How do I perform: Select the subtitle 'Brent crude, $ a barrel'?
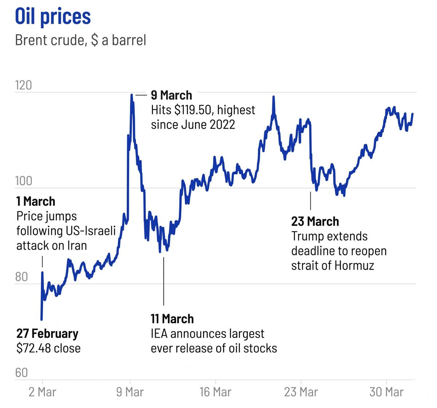tap(80, 40)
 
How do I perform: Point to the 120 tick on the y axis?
tap(24, 85)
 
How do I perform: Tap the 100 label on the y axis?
tap(24, 181)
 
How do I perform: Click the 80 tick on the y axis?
tap(21, 277)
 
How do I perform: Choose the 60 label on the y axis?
tap(21, 373)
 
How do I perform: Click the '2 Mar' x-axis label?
tap(42, 392)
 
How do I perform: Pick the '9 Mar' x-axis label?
tap(130, 392)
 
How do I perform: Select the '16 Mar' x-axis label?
tap(215, 392)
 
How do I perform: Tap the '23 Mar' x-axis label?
tap(301, 392)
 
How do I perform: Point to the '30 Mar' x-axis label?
tap(386, 392)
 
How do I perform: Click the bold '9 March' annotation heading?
tap(172, 96)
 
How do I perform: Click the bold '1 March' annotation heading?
tap(36, 201)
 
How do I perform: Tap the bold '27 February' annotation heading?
tap(47, 334)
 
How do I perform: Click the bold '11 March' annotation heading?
tap(172, 319)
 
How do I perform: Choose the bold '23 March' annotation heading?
tap(315, 222)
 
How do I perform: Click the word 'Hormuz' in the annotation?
tap(354, 265)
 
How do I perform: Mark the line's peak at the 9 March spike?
tap(131, 95)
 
